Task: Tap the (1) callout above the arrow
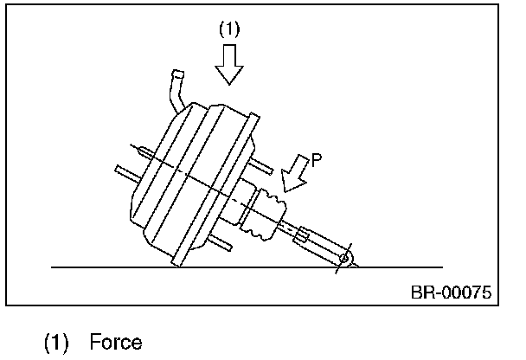(229, 29)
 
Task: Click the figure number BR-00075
(450, 291)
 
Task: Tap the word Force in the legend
(115, 342)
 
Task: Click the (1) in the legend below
(57, 342)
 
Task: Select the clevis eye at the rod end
(345, 258)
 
